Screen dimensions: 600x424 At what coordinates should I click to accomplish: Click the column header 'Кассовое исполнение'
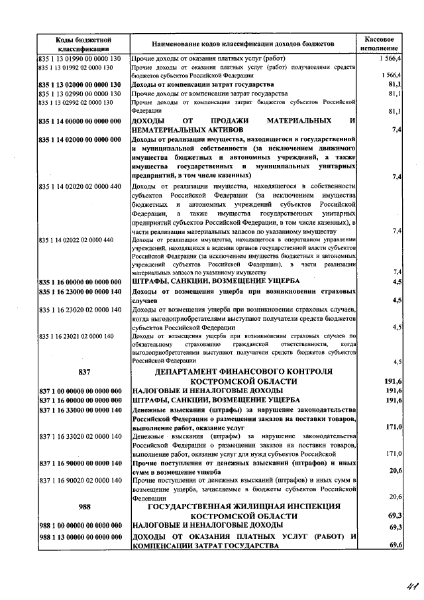point(380,44)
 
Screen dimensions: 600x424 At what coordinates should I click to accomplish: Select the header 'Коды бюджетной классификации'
point(83,44)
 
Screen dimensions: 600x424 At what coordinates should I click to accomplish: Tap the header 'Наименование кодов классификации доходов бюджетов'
point(244,44)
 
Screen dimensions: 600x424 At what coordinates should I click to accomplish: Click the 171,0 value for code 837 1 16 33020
point(394,453)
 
